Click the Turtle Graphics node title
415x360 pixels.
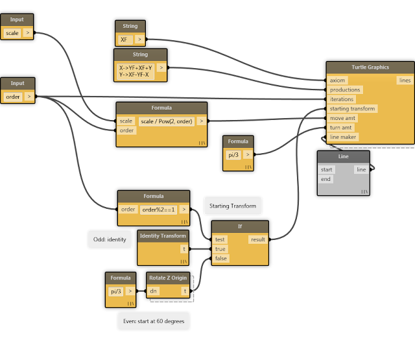370,67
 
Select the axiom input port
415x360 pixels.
338,80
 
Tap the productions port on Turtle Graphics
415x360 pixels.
344,90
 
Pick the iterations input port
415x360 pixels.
342,99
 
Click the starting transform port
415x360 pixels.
352,108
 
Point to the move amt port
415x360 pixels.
342,118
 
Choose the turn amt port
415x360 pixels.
341,127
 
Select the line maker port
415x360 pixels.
343,137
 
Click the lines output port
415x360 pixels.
405,80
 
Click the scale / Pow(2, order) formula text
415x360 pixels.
166,121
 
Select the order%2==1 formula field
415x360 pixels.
158,210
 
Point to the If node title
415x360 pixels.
240,226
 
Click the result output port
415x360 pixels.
258,239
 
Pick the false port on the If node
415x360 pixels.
221,258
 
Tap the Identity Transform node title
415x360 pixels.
163,235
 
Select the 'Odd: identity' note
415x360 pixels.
108,239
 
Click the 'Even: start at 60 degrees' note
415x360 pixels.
154,321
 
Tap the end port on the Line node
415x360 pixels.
326,179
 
